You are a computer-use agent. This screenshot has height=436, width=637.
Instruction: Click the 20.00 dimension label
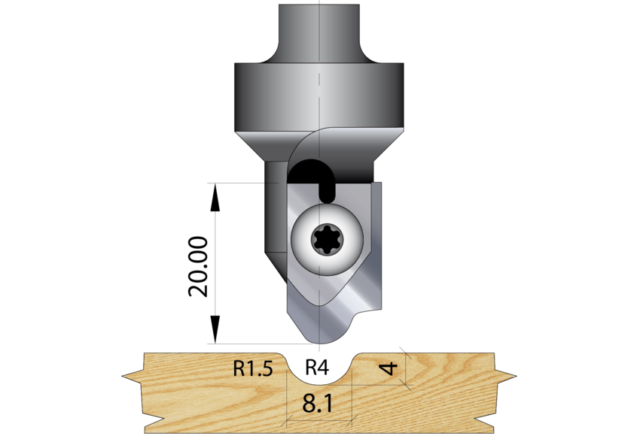click(x=198, y=266)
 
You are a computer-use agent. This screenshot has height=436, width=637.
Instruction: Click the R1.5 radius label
click(x=252, y=369)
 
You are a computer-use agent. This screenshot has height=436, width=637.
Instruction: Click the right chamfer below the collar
click(x=388, y=154)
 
